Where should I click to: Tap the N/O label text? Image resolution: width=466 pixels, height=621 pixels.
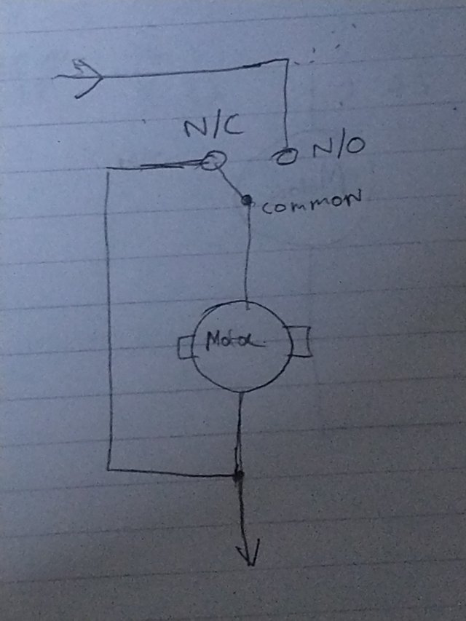coord(337,150)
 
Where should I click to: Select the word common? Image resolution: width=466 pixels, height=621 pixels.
coord(311,205)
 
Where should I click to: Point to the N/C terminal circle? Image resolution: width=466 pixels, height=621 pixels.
coord(210,160)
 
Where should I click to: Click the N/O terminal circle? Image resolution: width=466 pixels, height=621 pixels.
coord(285,155)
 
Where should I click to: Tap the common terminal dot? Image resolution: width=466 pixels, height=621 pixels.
coord(247,199)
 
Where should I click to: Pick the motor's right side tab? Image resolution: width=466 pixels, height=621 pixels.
coord(299,342)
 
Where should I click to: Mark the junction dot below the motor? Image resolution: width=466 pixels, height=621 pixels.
coord(237,475)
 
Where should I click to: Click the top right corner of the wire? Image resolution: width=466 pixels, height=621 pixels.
coord(285,63)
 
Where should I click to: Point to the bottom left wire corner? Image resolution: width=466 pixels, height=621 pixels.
coord(108,468)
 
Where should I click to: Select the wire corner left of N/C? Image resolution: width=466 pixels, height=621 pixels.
coord(108,169)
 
